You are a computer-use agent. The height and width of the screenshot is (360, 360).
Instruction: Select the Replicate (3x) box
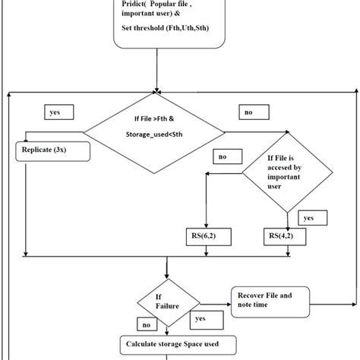tap(52, 150)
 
